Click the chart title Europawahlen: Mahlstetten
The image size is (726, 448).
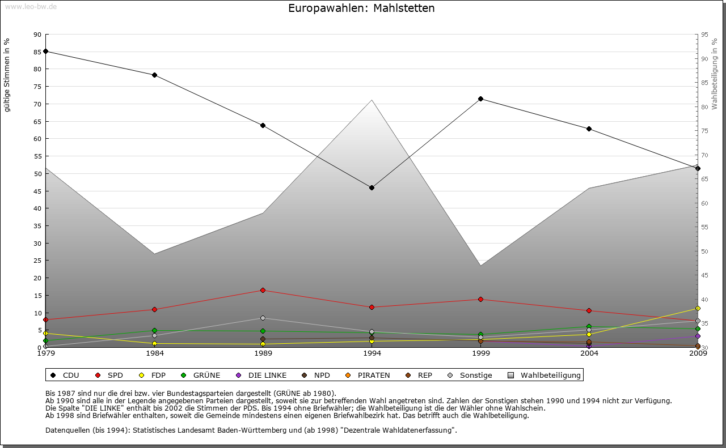point(361,8)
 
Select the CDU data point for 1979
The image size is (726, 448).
point(45,51)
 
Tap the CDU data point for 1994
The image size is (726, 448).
point(372,187)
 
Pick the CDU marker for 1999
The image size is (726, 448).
point(480,99)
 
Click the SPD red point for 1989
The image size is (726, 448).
point(263,290)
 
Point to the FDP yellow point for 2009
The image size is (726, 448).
point(698,308)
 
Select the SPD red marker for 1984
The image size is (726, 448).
point(154,309)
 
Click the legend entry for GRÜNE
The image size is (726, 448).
point(201,375)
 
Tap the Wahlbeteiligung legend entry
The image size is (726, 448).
point(544,375)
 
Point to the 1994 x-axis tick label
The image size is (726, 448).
point(372,353)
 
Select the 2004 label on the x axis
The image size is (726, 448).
point(589,353)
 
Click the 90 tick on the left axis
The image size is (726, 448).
point(37,35)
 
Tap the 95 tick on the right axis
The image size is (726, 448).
point(704,35)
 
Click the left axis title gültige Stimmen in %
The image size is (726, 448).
point(7,75)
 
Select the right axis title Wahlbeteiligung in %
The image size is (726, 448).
point(715,74)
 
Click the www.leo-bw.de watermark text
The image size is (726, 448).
point(31,6)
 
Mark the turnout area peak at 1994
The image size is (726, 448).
point(372,100)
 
